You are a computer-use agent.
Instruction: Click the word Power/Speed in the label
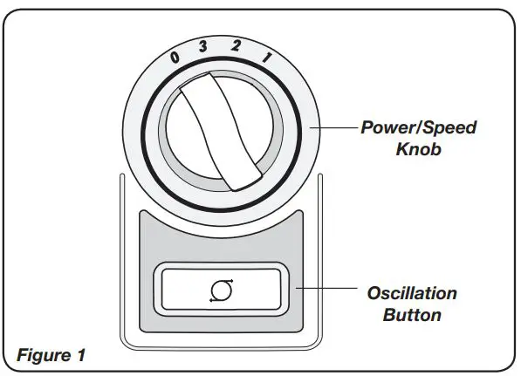point(419,128)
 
